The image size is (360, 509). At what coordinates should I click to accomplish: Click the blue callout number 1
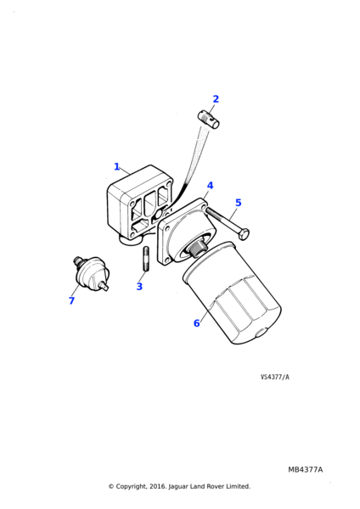tap(116, 166)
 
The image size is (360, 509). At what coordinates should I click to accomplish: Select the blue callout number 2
tap(216, 99)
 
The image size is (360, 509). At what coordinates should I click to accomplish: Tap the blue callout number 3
tap(139, 287)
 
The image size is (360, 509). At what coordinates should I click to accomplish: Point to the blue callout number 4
tap(211, 185)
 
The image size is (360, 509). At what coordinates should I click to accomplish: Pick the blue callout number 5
tap(238, 203)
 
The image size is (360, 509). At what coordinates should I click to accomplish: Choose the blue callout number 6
tap(197, 323)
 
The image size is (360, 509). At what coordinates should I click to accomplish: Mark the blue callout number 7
tap(72, 300)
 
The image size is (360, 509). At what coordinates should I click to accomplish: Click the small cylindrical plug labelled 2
tap(208, 120)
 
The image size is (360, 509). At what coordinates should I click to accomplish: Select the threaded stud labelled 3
tap(145, 259)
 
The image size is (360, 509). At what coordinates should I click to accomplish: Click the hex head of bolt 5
tap(244, 234)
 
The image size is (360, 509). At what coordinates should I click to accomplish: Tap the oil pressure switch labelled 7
tap(91, 273)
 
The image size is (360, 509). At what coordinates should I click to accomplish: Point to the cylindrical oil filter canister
tap(232, 293)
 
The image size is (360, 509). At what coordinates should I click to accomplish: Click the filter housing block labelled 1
tap(140, 205)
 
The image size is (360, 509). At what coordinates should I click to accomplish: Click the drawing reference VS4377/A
tap(274, 377)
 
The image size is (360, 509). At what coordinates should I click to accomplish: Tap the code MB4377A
tap(306, 470)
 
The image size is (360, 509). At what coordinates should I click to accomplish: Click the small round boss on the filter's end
tap(261, 333)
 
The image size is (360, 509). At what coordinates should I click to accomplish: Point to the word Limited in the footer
tap(239, 486)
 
